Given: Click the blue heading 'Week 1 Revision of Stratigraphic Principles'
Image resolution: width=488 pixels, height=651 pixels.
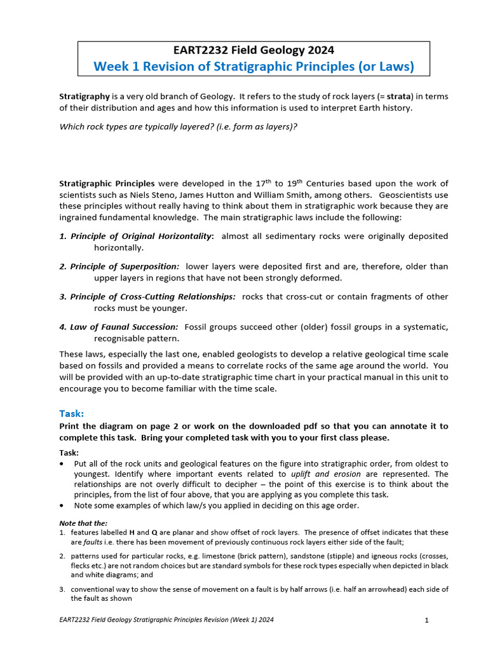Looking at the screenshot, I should point(254,67).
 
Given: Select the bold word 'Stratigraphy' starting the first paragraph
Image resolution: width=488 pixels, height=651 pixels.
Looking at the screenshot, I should point(84,97).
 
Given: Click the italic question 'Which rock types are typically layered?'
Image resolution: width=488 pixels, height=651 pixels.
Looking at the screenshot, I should point(178,126).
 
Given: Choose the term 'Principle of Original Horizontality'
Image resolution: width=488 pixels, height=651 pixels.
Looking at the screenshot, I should point(140,236).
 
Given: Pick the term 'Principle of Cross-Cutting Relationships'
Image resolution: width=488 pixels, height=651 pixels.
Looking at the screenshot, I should point(152,297).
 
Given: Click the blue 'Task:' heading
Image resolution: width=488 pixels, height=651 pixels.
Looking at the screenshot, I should point(72,413).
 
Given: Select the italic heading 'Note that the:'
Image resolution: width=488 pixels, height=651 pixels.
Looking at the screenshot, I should point(83,523).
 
